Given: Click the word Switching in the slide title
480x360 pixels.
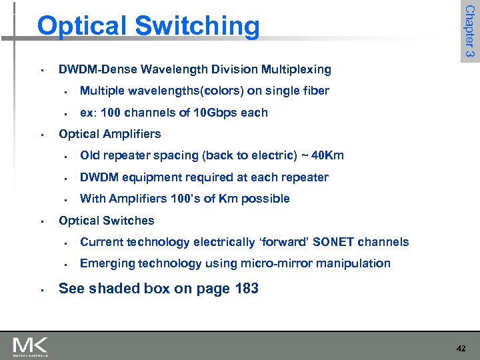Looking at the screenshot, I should [197, 27].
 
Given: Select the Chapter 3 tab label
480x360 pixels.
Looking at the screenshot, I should [469, 31].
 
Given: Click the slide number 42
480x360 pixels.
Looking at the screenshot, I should [461, 348].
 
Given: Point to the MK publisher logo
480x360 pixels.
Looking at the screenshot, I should [31, 347].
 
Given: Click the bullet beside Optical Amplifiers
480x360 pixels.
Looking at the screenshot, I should [41, 135].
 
